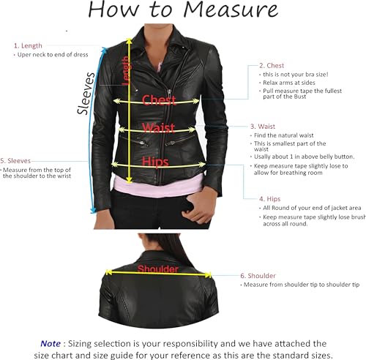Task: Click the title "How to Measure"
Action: pos(182,10)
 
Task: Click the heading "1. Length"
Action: pos(29,45)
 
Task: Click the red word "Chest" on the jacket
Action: pos(159,100)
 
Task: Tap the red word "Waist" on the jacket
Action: pos(158,128)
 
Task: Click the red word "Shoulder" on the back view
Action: pos(159,269)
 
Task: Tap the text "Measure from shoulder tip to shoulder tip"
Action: pos(301,285)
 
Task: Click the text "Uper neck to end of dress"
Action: pos(51,55)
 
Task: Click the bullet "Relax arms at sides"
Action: pos(287,83)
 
